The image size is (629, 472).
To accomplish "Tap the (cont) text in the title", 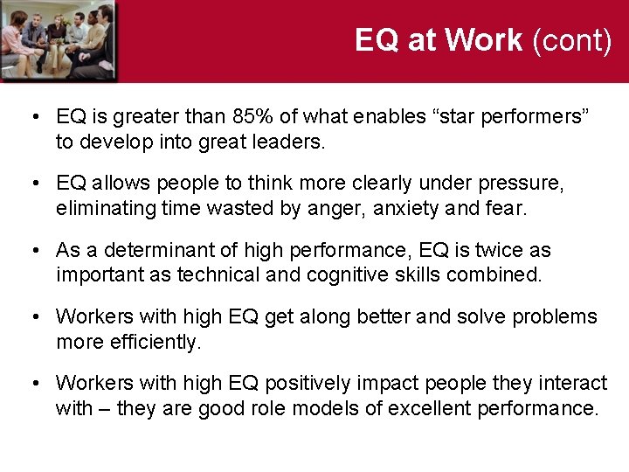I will pos(571,40).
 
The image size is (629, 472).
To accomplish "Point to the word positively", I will pos(306,383).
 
